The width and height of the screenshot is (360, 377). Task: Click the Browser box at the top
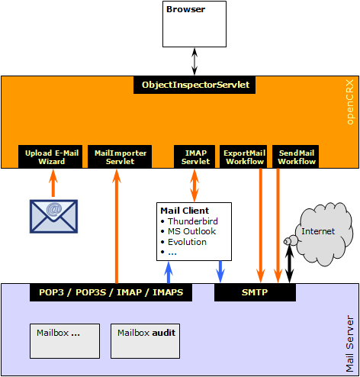pyautogui.click(x=194, y=24)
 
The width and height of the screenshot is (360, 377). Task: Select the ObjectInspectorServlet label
pyautogui.click(x=194, y=85)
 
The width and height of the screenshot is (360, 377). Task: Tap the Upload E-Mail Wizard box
pyautogui.click(x=50, y=156)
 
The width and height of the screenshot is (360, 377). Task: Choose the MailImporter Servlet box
pyautogui.click(x=120, y=156)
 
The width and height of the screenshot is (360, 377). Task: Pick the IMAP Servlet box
pyautogui.click(x=194, y=156)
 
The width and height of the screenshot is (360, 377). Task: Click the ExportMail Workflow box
pyautogui.click(x=243, y=156)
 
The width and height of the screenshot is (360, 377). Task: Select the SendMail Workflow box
pyautogui.click(x=295, y=156)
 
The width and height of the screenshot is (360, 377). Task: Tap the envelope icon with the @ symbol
pyautogui.click(x=53, y=217)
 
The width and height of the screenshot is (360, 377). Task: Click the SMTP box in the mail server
pyautogui.click(x=255, y=292)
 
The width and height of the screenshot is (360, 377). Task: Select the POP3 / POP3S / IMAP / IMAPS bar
pyautogui.click(x=111, y=292)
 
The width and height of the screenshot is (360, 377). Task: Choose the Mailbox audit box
pyautogui.click(x=146, y=341)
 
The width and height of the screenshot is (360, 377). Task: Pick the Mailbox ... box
pyautogui.click(x=65, y=341)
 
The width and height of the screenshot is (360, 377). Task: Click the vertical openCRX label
pyautogui.click(x=350, y=102)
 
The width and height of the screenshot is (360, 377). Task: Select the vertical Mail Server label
pyautogui.click(x=350, y=343)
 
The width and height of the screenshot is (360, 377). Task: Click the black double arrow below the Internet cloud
pyautogui.click(x=290, y=264)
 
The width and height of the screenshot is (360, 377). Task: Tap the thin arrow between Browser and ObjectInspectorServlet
pyautogui.click(x=194, y=62)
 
